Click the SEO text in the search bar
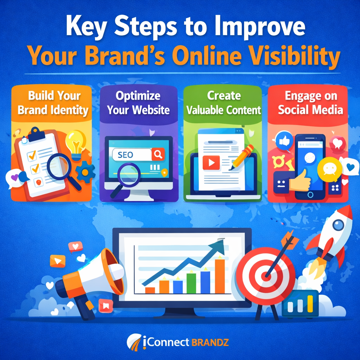pyautogui.click(x=126, y=155)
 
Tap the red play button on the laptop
pyautogui.click(x=211, y=162)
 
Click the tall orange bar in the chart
pyautogui.click(x=220, y=276)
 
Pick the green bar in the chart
pyautogui.click(x=191, y=283)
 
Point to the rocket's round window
pyautogui.click(x=338, y=225)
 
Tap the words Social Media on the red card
pyautogui.click(x=310, y=110)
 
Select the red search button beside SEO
pyautogui.click(x=157, y=154)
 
